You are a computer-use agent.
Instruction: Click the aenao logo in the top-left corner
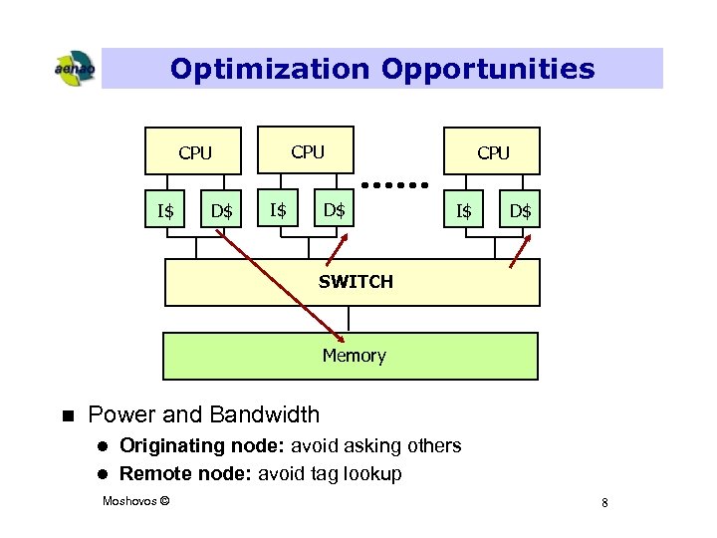(x=74, y=69)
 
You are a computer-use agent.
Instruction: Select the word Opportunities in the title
(x=487, y=69)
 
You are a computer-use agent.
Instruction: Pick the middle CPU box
(x=307, y=151)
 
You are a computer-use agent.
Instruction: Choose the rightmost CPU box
(x=492, y=152)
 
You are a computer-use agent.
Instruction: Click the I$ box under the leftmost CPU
(x=166, y=210)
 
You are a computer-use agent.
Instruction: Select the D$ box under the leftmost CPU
(x=221, y=210)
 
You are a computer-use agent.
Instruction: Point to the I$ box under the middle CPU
(x=279, y=209)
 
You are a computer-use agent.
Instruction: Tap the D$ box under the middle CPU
(x=335, y=209)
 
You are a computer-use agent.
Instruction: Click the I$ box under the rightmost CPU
(x=464, y=210)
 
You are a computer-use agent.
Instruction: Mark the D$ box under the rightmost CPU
(x=520, y=210)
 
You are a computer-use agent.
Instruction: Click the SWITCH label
(x=356, y=282)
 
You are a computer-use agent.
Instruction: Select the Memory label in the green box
(x=354, y=356)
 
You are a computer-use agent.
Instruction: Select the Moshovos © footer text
(x=135, y=499)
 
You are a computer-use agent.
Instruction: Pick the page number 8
(x=604, y=504)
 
